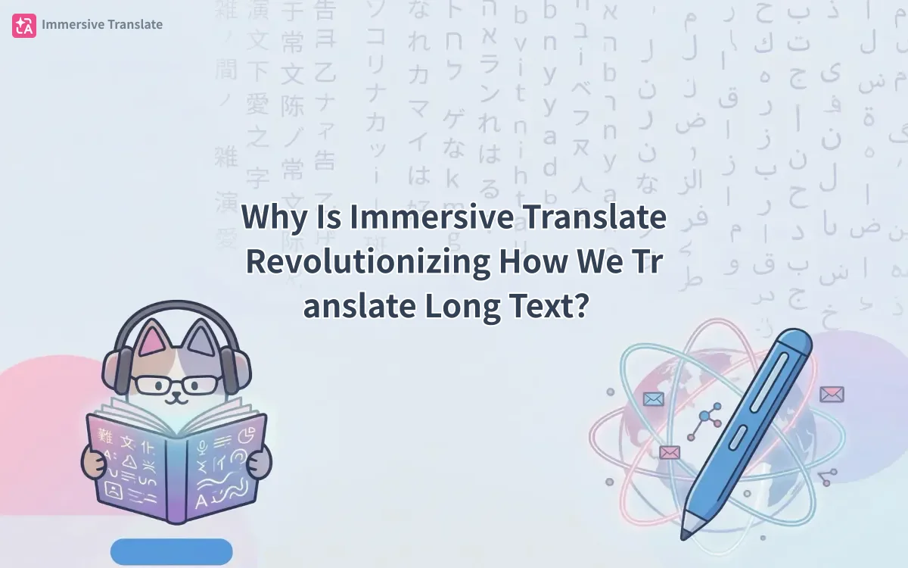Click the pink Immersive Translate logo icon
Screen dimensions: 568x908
[x=23, y=25]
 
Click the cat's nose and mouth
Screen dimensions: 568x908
[x=176, y=395]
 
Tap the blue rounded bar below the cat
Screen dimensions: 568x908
[x=171, y=551]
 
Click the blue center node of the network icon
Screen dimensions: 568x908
[x=707, y=416]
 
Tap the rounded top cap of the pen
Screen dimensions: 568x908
[x=794, y=342]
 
